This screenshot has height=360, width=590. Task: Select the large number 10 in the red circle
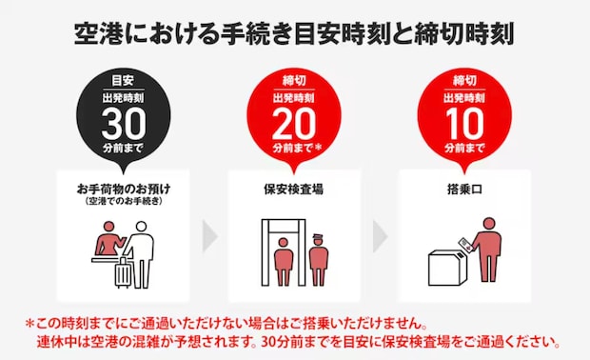[464, 123]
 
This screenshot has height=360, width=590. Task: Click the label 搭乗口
[464, 189]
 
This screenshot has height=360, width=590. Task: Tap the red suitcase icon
[125, 273]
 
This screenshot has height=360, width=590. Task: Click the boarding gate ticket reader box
[447, 267]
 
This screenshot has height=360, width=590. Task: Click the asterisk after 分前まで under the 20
[320, 148]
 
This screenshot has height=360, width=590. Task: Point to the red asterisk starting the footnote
[30, 323]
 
